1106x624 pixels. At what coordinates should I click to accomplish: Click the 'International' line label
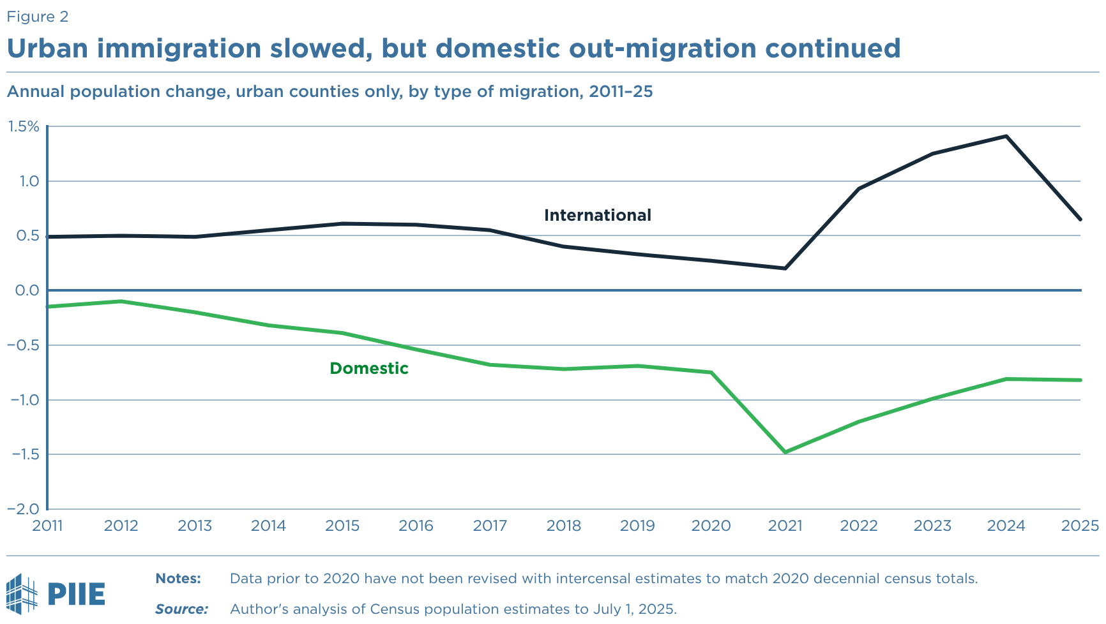(597, 216)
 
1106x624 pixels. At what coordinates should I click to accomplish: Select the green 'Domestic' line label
(368, 369)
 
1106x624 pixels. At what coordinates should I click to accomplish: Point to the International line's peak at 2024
(1006, 137)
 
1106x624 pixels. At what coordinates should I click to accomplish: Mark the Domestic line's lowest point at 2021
(785, 452)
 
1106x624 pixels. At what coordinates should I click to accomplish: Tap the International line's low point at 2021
(785, 268)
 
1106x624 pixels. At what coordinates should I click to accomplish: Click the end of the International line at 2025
(1080, 219)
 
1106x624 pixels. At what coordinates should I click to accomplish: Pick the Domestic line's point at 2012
(121, 301)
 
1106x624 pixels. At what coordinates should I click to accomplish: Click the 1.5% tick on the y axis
(24, 127)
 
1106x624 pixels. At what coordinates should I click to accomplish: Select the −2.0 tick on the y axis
(24, 509)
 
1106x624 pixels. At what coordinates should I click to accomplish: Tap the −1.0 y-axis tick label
(24, 400)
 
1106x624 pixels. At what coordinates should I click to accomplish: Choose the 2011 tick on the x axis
(48, 526)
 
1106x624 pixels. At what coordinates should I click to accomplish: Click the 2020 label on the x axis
(711, 526)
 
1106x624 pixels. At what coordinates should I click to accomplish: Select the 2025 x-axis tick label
(1080, 526)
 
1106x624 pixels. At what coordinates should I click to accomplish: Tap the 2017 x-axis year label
(490, 526)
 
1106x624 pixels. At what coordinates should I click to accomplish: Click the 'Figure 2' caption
(38, 17)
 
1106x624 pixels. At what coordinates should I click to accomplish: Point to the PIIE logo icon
(22, 593)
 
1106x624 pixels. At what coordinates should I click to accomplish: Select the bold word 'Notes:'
(178, 579)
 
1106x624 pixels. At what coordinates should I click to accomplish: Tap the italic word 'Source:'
(181, 609)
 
